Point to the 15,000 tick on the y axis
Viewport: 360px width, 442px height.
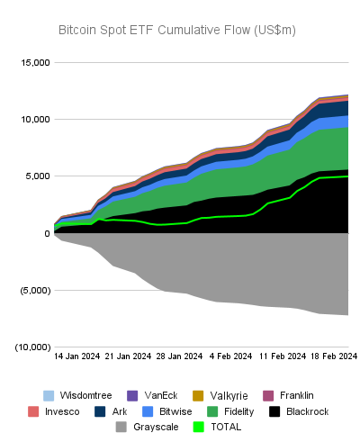coord(33,62)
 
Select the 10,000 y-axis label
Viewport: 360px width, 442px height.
coord(33,119)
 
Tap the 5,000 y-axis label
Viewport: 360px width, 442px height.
coord(37,176)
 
